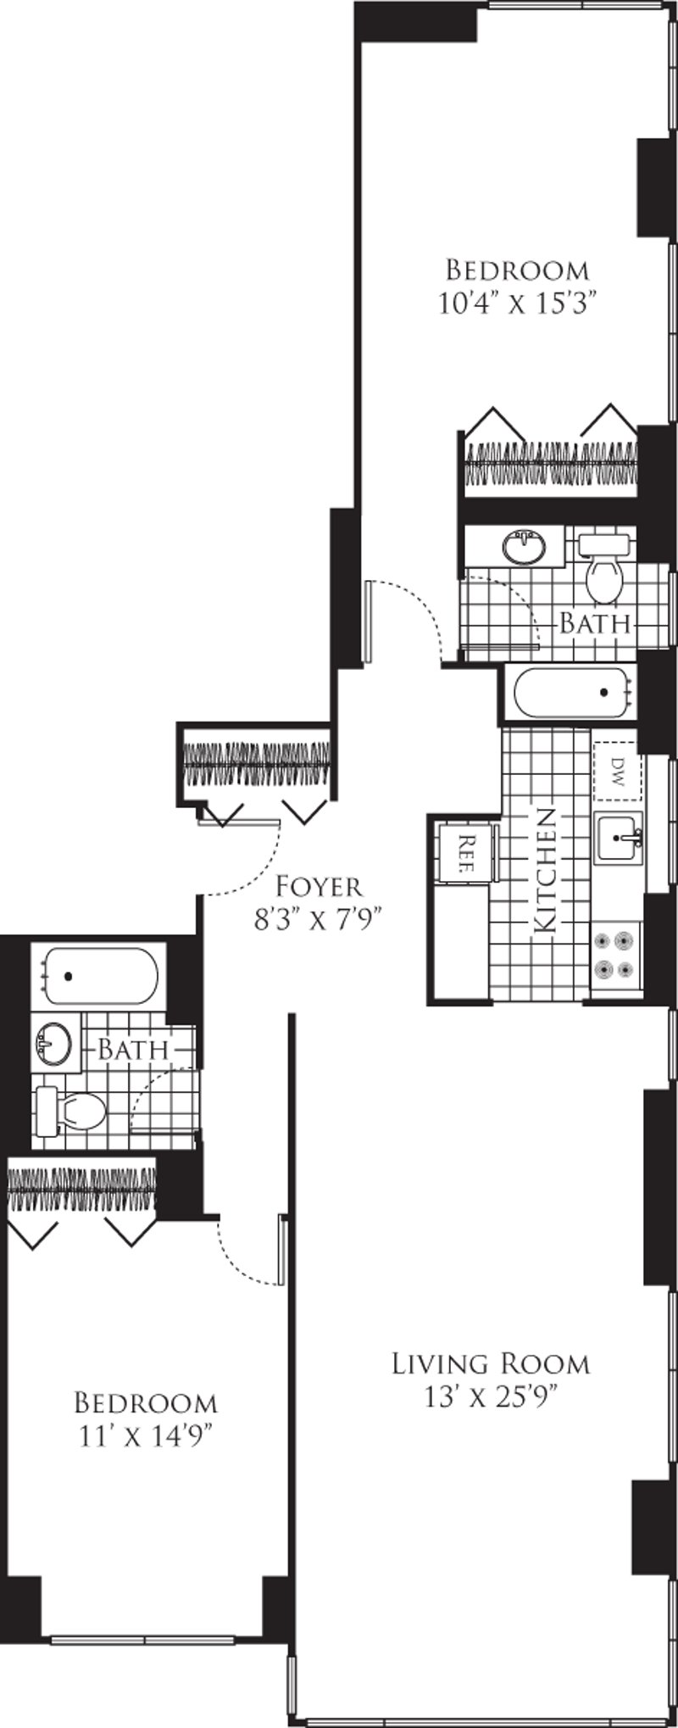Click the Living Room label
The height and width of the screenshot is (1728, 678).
[490, 1364]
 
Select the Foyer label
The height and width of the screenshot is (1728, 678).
[320, 887]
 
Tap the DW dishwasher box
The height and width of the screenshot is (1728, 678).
[617, 771]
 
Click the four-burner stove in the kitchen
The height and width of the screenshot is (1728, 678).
[614, 954]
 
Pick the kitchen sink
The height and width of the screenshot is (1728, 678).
[619, 838]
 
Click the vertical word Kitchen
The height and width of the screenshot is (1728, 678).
[545, 871]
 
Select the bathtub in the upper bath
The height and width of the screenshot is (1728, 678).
[568, 692]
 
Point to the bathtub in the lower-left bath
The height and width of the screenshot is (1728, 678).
[100, 976]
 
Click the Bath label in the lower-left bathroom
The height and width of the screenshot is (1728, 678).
[132, 1048]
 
